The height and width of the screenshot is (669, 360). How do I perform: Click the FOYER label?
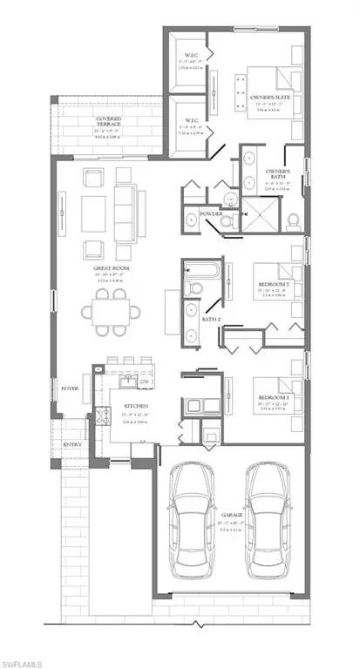coord(69,388)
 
